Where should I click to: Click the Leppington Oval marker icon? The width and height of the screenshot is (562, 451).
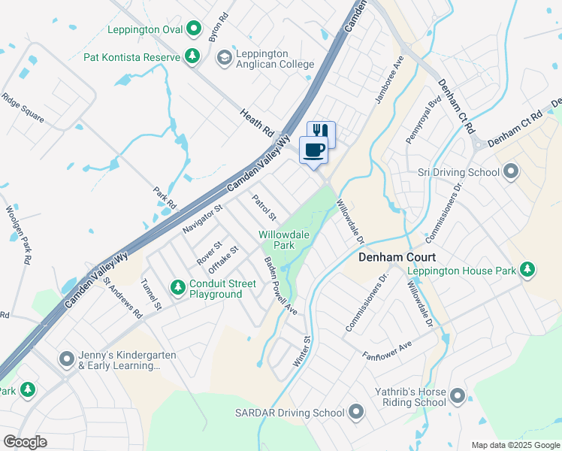point(194,29)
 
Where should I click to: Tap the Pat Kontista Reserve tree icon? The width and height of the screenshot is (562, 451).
point(193,56)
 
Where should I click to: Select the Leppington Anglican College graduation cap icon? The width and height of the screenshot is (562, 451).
point(224,58)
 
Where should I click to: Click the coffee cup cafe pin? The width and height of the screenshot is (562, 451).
point(313,148)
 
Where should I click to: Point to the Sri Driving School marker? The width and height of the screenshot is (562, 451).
point(511,172)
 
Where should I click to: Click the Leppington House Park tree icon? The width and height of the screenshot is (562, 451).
point(528,270)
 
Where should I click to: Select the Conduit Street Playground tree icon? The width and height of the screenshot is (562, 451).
point(177,288)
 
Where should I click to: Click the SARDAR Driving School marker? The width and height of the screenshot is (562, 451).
point(355,412)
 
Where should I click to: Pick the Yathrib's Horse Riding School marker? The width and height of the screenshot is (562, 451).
point(458,395)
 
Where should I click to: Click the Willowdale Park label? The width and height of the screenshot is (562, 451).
point(277,240)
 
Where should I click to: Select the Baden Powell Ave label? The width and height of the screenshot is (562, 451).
point(281,286)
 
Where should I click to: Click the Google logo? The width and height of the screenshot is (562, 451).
point(25,442)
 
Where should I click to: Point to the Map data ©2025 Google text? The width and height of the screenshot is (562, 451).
point(514,445)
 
